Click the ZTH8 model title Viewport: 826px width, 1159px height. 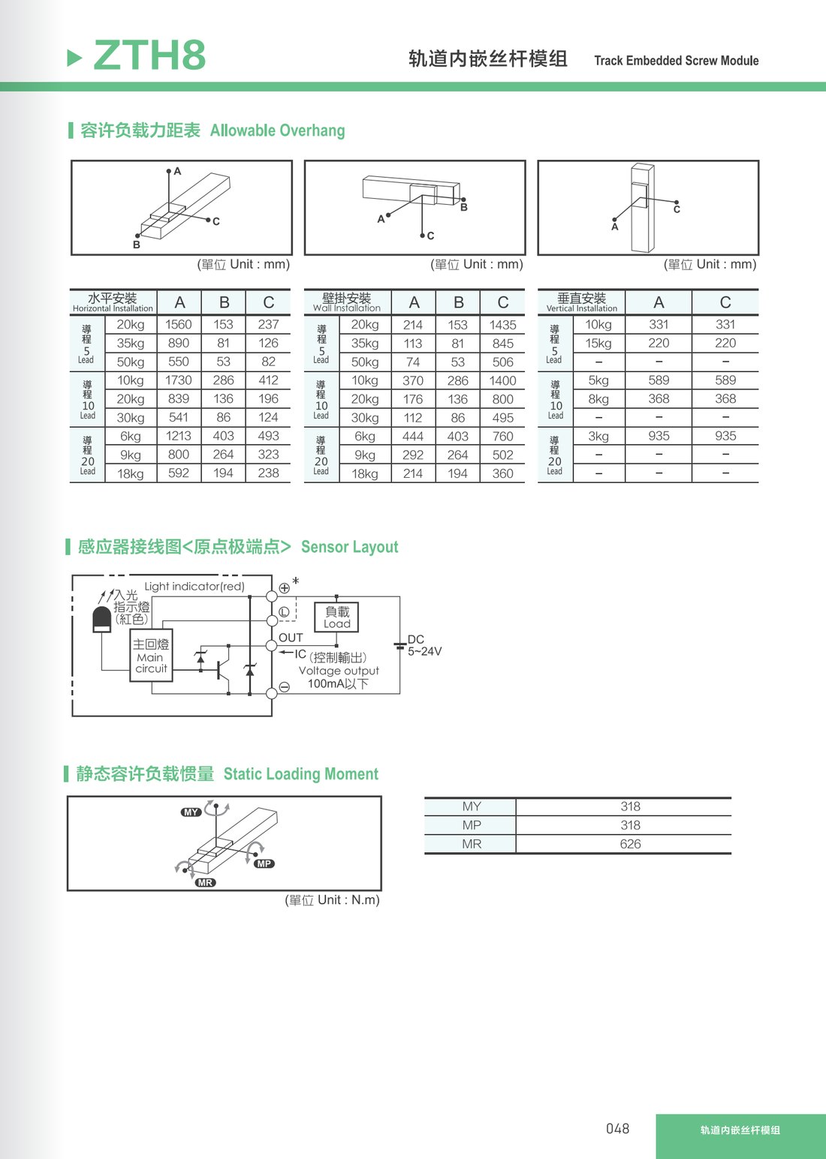[x=149, y=55]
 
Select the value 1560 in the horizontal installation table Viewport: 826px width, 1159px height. [x=178, y=324]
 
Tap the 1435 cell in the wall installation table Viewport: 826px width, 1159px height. [x=502, y=325]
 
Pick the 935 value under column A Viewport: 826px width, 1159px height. [x=659, y=436]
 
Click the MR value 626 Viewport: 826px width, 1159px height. [x=630, y=844]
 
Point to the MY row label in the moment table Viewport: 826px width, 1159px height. [x=472, y=806]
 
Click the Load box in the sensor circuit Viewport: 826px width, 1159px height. [x=336, y=617]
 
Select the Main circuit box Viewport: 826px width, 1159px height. [x=151, y=656]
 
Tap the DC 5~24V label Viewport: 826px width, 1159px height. [x=424, y=645]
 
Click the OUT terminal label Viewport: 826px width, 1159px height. [x=291, y=638]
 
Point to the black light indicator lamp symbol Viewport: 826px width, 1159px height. [x=101, y=620]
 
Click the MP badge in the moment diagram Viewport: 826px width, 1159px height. [x=264, y=863]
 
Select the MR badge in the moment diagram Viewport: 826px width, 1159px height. [x=205, y=883]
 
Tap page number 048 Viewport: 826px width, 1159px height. [x=617, y=1128]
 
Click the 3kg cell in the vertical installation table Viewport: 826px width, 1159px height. [x=598, y=436]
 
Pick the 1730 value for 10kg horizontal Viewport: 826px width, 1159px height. [x=178, y=380]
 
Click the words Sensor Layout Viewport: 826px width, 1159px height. [x=350, y=547]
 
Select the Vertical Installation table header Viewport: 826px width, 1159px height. [x=581, y=302]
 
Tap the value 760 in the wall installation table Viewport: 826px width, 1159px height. [x=502, y=437]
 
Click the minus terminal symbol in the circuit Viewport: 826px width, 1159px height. [x=285, y=687]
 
